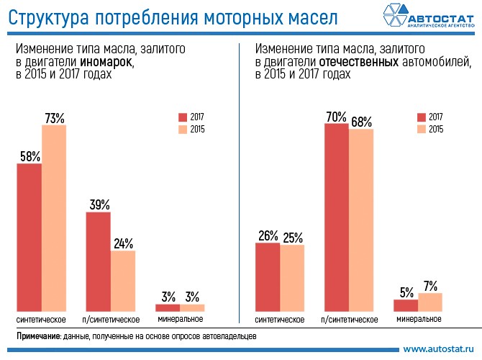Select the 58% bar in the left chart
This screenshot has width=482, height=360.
tap(29, 237)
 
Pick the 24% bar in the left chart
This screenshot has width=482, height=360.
tap(123, 280)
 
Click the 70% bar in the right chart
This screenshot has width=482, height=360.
tap(337, 217)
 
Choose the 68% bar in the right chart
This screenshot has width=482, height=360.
tap(361, 220)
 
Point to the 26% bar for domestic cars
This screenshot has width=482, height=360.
tap(268, 276)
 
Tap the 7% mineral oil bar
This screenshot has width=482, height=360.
tap(429, 302)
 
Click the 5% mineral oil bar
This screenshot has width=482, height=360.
tap(406, 305)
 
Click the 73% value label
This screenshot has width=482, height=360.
tap(55, 117)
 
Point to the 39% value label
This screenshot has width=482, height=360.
tap(99, 204)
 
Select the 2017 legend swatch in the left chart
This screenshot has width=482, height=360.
tap(183, 117)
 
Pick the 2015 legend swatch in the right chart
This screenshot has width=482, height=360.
tap(422, 130)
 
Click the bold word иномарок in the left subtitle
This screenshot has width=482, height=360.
tap(110, 63)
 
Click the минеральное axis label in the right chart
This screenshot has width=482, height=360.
tap(417, 318)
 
